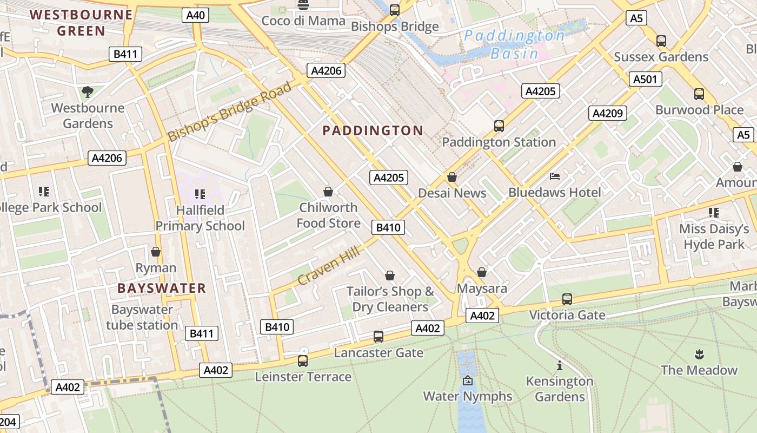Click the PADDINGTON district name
[x=373, y=130]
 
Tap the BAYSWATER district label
[x=162, y=288]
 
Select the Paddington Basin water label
[x=514, y=44]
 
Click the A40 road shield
[x=195, y=15]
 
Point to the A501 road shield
[x=645, y=80]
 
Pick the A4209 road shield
[x=608, y=113]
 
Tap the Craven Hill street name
[x=329, y=263]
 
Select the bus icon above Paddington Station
[x=499, y=126]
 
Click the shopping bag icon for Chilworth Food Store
[x=328, y=192]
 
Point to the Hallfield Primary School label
[x=200, y=218]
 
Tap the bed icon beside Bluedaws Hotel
[x=554, y=176]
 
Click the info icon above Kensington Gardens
[x=560, y=365]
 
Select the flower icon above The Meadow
[x=699, y=355]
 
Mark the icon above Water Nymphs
[x=468, y=381]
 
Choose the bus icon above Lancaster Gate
[x=378, y=337]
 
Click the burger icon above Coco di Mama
[x=303, y=5]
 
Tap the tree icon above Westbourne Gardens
[x=88, y=91]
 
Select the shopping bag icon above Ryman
[x=156, y=252]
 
